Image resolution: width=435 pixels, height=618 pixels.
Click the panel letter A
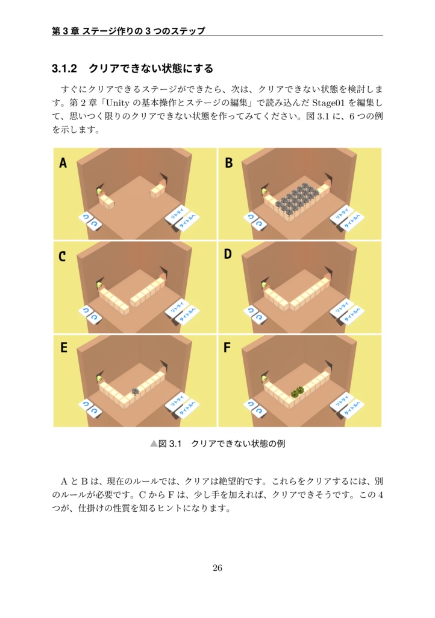click(63, 163)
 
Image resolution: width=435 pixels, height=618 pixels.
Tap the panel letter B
click(229, 163)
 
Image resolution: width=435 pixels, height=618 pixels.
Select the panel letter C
click(63, 256)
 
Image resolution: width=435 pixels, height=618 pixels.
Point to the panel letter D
click(228, 255)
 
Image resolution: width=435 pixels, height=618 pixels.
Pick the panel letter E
click(63, 348)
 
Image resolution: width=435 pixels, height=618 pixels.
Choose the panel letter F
click(228, 348)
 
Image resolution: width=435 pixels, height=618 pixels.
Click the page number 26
click(217, 568)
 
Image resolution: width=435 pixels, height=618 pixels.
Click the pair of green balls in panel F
click(296, 392)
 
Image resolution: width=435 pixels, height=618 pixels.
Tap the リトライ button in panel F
click(341, 402)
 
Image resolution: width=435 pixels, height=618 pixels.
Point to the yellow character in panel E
click(99, 378)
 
